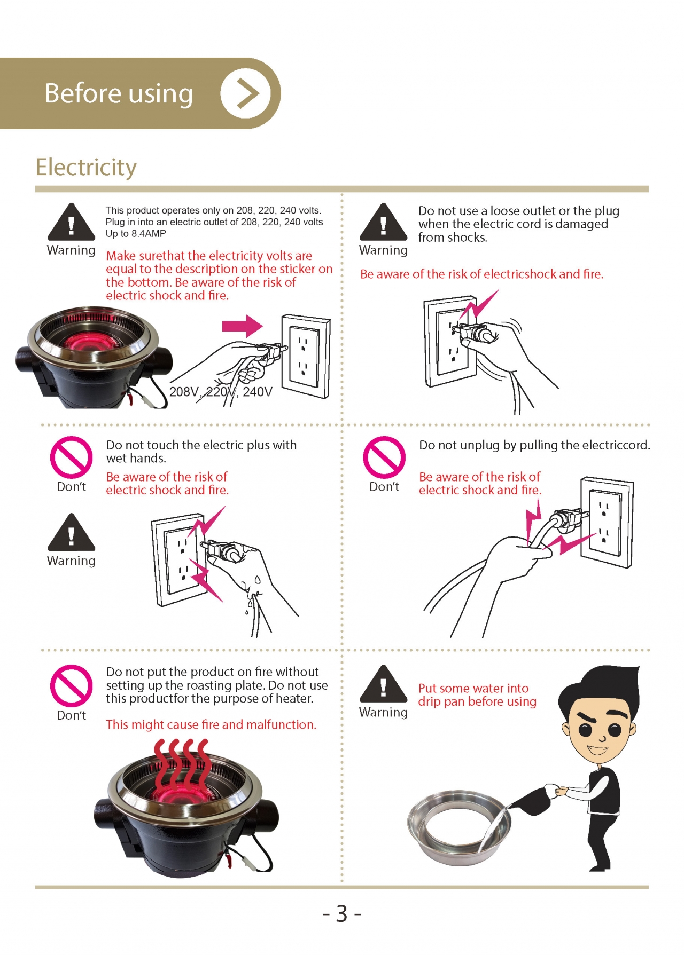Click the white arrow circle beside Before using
[246, 93]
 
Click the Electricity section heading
[86, 167]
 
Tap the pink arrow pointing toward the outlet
[243, 326]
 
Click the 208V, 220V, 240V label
[221, 392]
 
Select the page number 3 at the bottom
[342, 913]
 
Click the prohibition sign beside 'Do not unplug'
[384, 457]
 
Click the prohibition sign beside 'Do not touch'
[72, 457]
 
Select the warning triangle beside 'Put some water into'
[383, 684]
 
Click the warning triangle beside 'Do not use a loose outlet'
[383, 222]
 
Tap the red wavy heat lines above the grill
[181, 764]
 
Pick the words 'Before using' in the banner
[119, 93]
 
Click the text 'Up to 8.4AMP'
[136, 234]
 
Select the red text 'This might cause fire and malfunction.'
[211, 724]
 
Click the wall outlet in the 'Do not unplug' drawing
[607, 523]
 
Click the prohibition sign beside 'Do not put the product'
[72, 686]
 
